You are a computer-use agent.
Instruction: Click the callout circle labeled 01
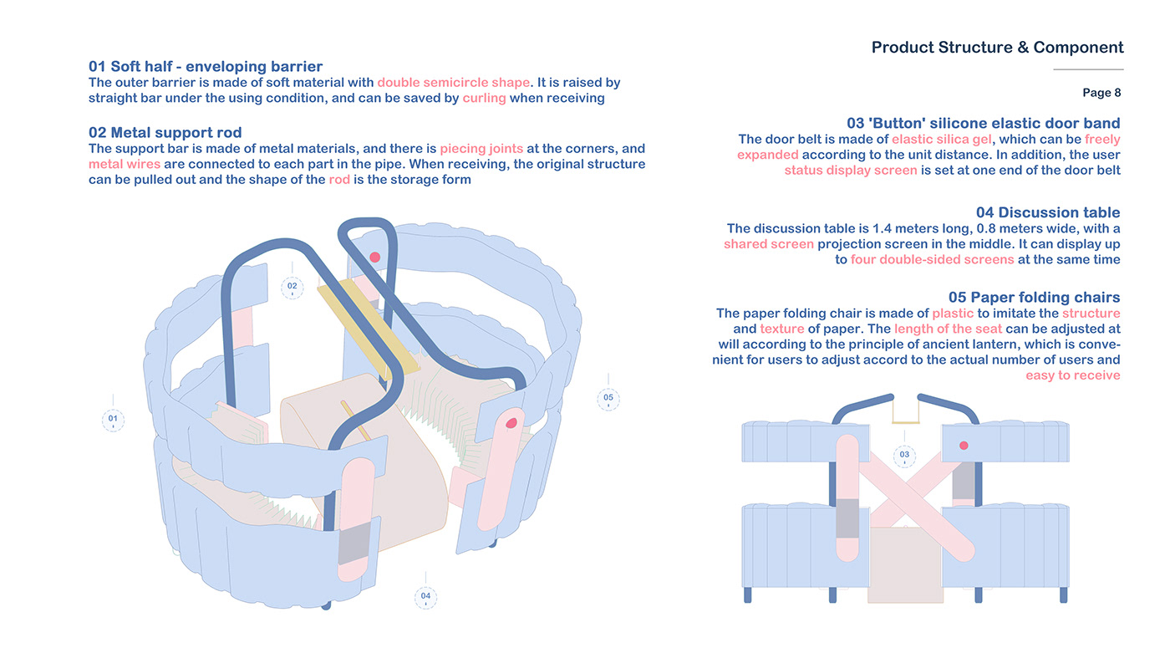point(113,420)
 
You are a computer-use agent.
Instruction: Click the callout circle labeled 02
point(292,288)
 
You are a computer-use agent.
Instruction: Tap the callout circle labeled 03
point(904,456)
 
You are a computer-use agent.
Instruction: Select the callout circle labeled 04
point(425,597)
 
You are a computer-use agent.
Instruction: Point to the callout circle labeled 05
point(608,399)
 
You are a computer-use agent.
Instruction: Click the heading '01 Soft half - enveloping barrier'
point(206,66)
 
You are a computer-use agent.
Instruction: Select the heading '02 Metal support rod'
point(165,132)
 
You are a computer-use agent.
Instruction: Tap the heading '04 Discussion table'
point(1048,212)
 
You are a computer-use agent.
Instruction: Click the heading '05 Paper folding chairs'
point(1035,297)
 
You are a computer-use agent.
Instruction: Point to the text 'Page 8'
point(1101,93)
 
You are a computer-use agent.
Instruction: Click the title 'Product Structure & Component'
point(997,47)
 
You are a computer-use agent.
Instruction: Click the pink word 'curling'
point(484,99)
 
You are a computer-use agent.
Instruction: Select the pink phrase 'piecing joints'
point(481,149)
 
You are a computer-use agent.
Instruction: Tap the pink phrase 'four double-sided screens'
point(932,259)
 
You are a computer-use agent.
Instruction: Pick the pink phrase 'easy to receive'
point(1073,375)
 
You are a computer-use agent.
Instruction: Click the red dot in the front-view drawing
point(964,446)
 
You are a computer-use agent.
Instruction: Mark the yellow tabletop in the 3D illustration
point(368,327)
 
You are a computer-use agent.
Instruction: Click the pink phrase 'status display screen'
point(851,170)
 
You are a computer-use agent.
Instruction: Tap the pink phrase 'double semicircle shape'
point(453,83)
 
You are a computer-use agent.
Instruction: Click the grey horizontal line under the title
point(1088,69)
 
